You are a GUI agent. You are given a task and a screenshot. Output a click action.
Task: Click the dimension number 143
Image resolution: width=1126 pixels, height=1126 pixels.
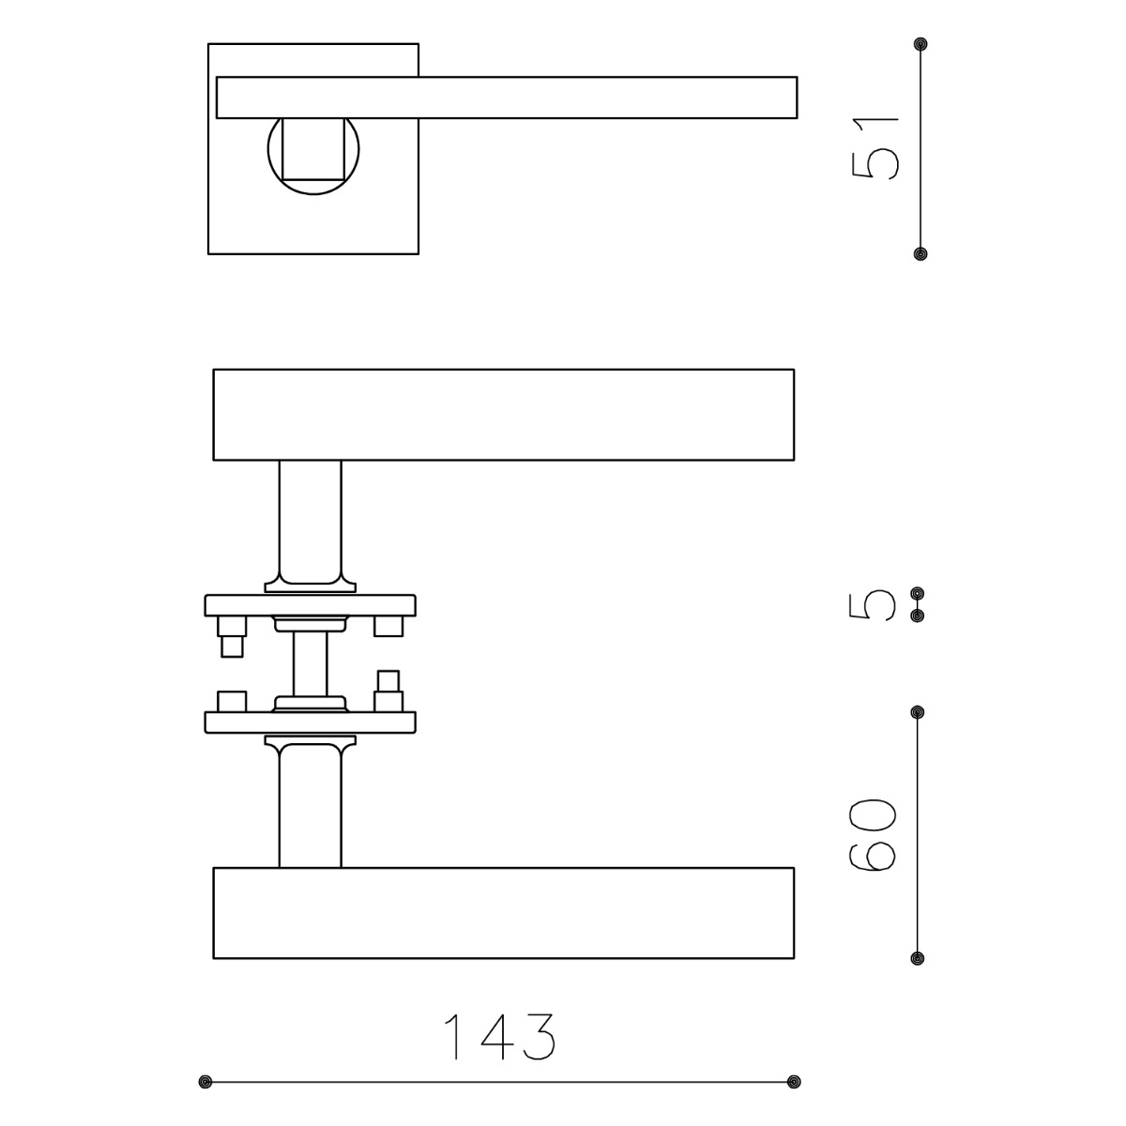[499, 1036]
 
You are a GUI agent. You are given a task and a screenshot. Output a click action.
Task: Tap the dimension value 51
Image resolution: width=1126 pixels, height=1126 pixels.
[875, 147]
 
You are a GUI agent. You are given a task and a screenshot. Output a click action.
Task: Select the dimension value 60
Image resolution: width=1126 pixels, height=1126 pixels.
[872, 835]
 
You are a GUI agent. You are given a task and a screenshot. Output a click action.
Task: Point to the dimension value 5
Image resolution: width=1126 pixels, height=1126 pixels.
[872, 605]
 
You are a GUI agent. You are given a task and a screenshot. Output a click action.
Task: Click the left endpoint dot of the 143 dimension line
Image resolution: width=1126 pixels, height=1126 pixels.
[205, 1081]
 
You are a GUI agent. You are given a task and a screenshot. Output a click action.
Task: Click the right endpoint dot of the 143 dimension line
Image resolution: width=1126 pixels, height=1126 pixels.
[794, 1081]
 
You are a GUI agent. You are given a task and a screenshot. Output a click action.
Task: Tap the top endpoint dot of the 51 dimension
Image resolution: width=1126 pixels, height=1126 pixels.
[921, 44]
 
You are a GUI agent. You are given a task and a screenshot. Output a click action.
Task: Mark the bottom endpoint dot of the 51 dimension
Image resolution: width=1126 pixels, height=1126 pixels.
[921, 253]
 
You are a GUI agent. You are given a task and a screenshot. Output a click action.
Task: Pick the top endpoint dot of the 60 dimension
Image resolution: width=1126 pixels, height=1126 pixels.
[918, 712]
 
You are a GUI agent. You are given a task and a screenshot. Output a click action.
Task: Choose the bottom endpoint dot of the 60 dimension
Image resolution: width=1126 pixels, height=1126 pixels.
[918, 958]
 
